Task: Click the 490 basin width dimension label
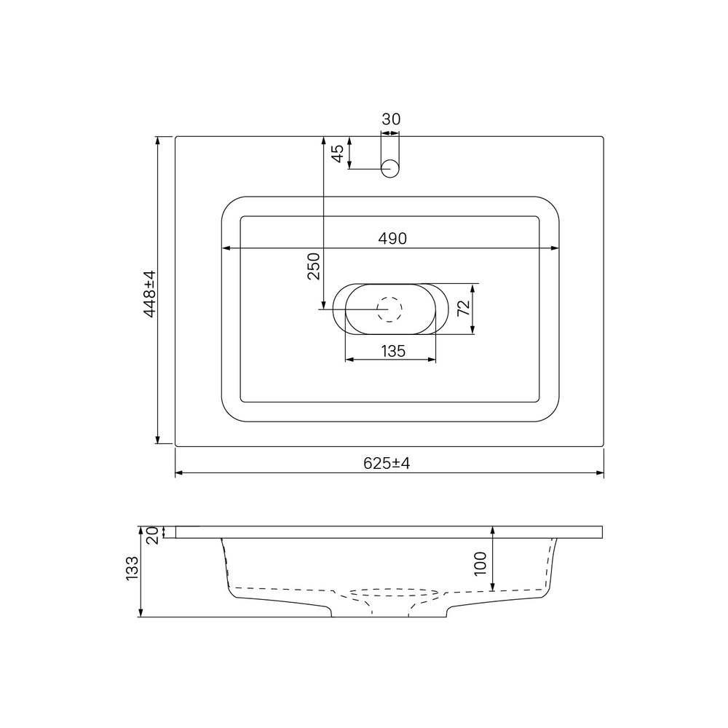tap(392, 239)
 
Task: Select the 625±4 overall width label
tap(387, 463)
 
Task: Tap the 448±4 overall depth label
tap(149, 294)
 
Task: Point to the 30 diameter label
tap(391, 119)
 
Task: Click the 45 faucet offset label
tap(338, 154)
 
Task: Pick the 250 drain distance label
tap(314, 266)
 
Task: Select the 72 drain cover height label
tap(464, 309)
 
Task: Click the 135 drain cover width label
tap(393, 351)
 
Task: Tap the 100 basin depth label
tap(480, 563)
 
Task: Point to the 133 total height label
tap(132, 568)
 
